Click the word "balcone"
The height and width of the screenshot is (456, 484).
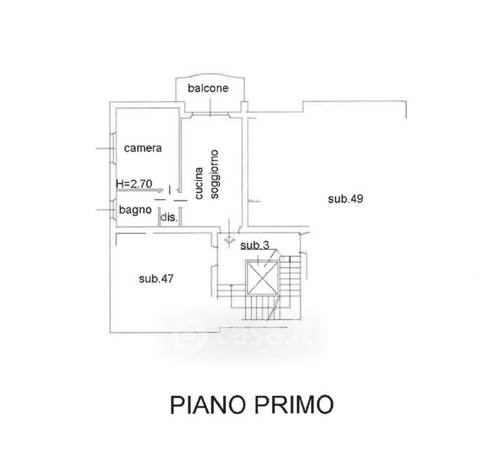click(209, 88)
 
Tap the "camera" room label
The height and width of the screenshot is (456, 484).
click(142, 148)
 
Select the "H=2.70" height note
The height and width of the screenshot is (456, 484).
click(133, 183)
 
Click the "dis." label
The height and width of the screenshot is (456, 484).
click(168, 217)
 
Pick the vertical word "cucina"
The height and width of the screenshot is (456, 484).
click(199, 183)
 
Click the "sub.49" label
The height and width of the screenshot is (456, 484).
click(346, 199)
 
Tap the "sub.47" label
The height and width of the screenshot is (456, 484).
click(157, 278)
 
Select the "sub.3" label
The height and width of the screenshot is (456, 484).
click(254, 245)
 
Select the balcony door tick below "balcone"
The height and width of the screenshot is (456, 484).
click(209, 114)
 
